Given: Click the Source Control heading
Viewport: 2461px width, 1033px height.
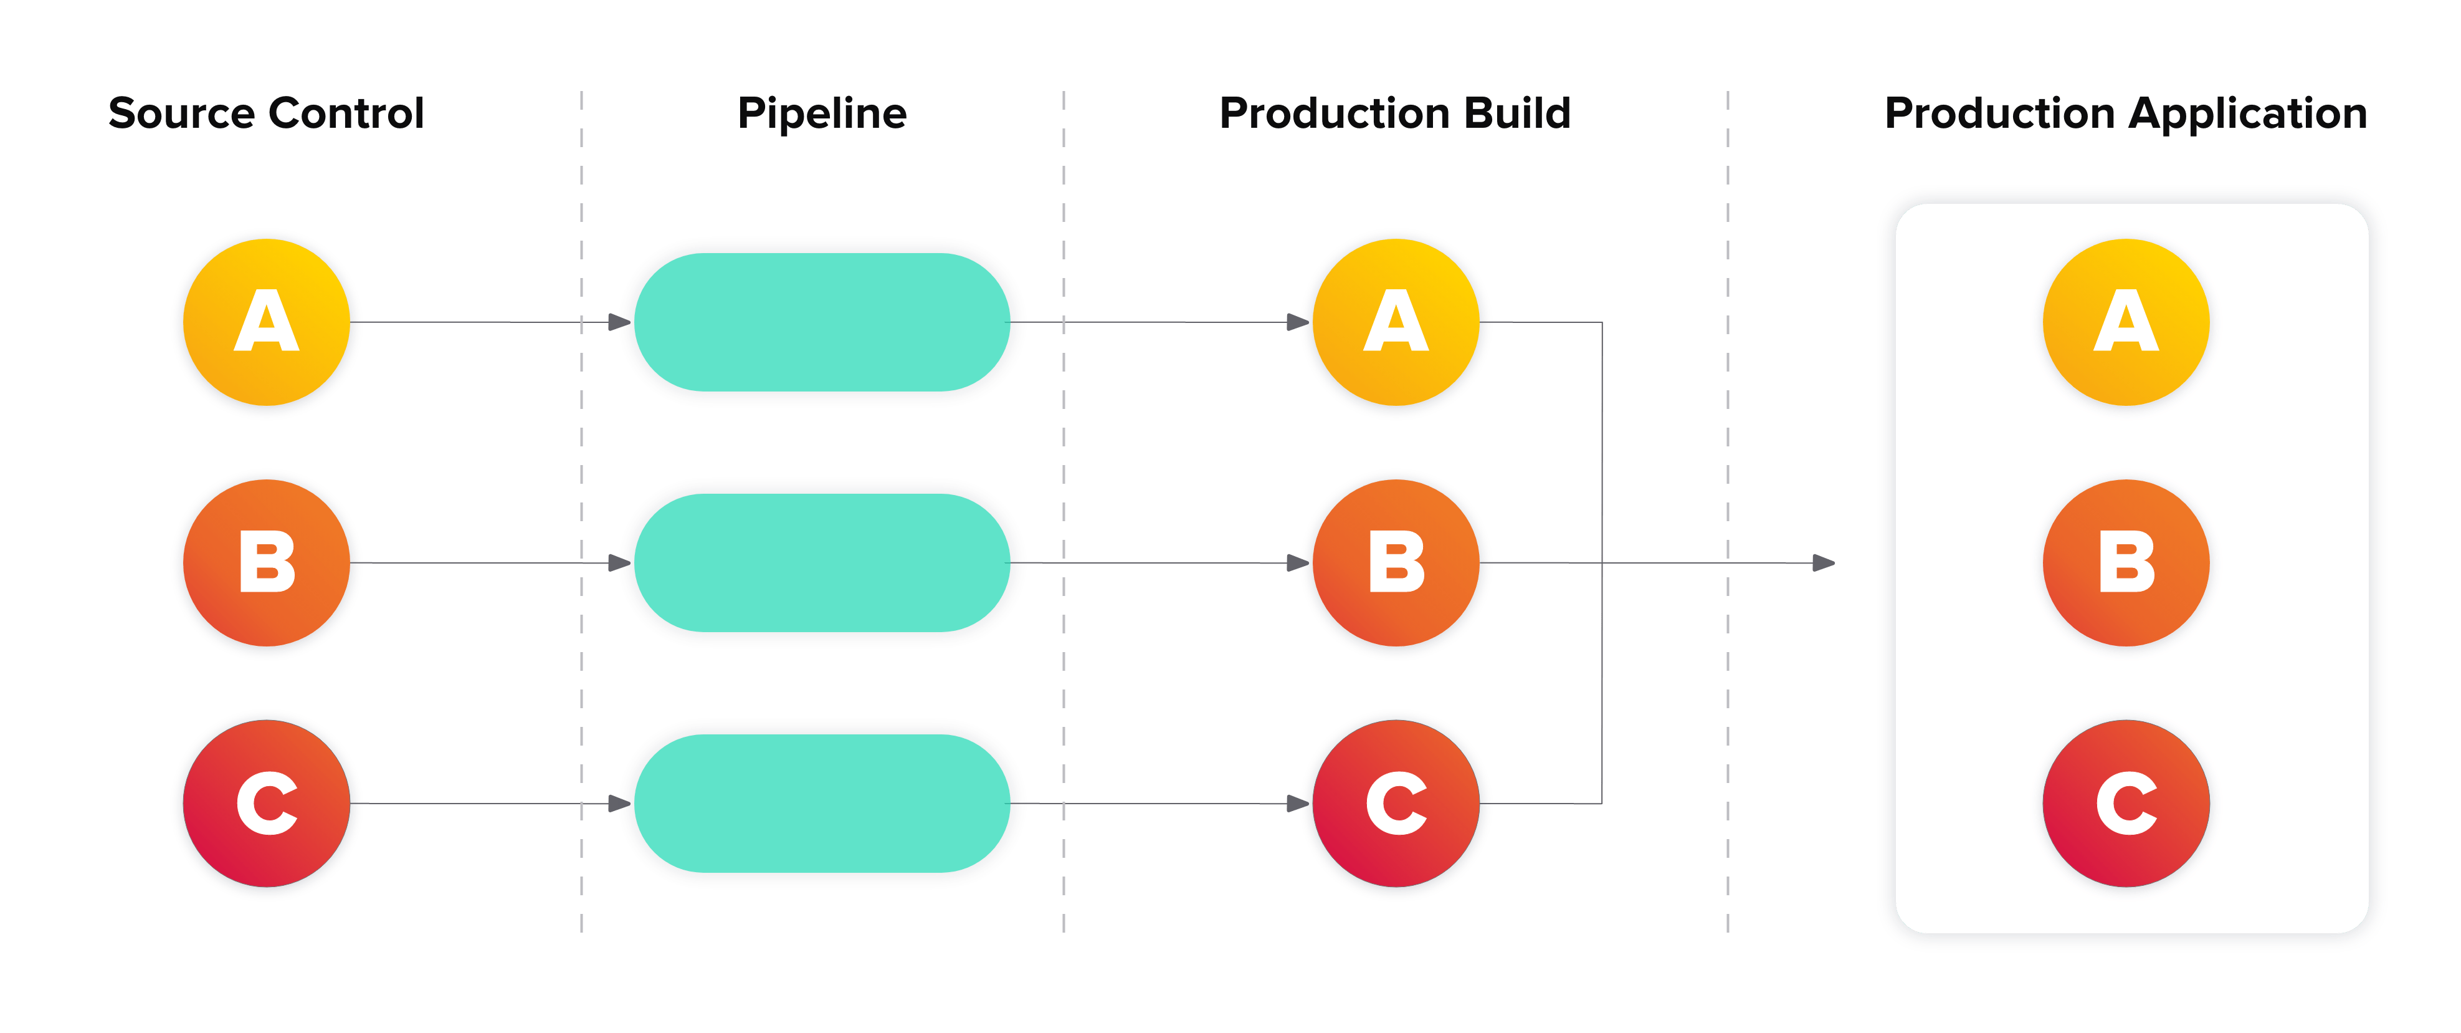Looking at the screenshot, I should tap(265, 113).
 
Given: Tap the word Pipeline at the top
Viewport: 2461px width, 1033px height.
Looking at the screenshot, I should tap(822, 113).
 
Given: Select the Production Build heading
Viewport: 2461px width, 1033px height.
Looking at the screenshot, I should tap(1395, 113).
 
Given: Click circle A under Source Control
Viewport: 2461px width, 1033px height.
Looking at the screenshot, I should tap(267, 323).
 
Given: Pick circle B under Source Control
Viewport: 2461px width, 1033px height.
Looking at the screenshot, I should tap(267, 564).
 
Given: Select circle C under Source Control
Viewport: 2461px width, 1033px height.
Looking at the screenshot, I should tap(267, 805).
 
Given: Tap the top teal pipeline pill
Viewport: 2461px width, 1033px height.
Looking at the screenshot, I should tap(822, 322).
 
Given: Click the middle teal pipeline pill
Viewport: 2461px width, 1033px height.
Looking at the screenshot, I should tap(822, 563).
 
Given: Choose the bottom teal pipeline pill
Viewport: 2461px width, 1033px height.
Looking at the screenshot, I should tap(822, 804).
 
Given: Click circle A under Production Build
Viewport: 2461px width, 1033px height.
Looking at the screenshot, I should tap(1396, 323).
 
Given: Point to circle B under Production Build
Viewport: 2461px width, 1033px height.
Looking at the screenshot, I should tap(1396, 564).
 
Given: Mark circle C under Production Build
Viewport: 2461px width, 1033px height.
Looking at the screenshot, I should tap(1396, 805).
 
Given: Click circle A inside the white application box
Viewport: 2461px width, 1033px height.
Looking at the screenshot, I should tap(2126, 322).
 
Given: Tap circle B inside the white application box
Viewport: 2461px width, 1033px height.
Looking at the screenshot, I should tap(2126, 563).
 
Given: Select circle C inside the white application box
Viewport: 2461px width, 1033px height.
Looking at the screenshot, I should tap(2126, 804).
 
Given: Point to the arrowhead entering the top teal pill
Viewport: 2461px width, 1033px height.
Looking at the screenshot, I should tap(619, 323).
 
